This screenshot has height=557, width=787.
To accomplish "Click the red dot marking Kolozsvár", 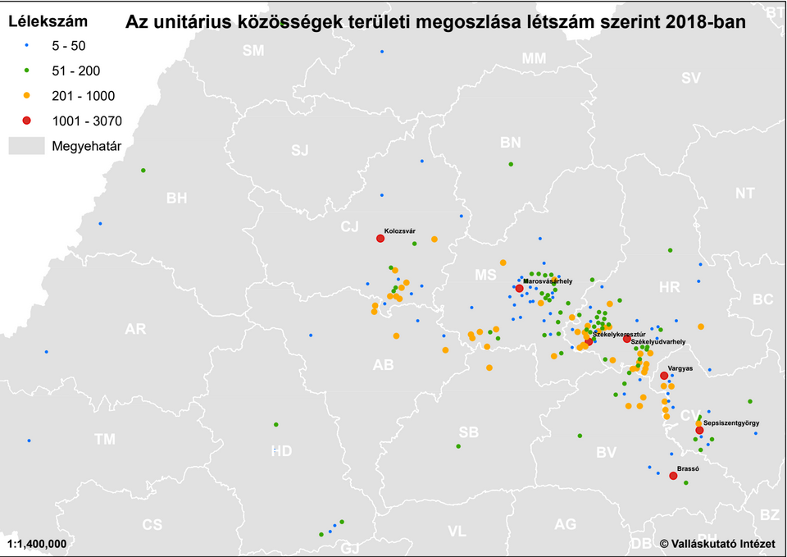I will (x=380, y=239).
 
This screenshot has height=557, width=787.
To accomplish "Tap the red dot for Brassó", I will (x=672, y=476).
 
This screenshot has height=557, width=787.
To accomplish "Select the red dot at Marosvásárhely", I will (x=519, y=288).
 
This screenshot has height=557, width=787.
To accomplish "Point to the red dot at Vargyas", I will (x=664, y=376).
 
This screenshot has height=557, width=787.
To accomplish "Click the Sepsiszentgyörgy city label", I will (x=731, y=422).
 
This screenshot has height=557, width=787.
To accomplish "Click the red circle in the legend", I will (x=26, y=121).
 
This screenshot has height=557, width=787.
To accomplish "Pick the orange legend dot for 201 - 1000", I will (x=26, y=95).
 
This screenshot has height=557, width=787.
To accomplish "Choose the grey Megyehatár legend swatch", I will (x=25, y=146).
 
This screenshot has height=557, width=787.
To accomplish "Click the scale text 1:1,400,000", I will (x=37, y=543).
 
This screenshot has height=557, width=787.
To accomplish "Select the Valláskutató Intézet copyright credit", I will (x=717, y=543).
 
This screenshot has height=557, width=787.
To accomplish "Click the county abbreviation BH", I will (x=176, y=198).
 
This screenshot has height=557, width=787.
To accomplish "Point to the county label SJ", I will (x=301, y=150).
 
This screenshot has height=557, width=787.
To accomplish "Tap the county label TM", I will (x=104, y=439).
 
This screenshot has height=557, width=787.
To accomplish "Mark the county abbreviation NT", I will (x=744, y=194).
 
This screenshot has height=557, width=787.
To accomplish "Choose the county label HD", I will (x=281, y=450).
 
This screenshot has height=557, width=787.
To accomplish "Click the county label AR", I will (x=135, y=329).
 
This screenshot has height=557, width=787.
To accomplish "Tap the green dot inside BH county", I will (x=143, y=171).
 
